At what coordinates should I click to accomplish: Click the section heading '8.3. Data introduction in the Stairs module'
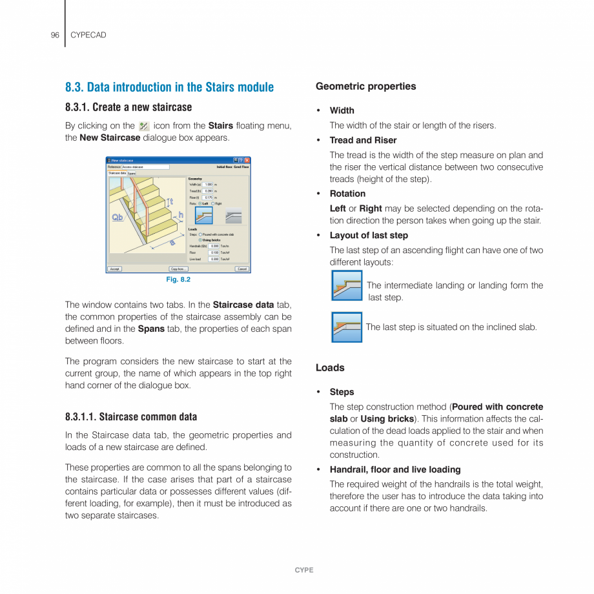pyautogui.click(x=169, y=87)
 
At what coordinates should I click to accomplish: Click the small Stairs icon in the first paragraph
pyautogui.click(x=144, y=127)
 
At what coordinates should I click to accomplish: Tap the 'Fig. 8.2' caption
pyautogui.click(x=178, y=280)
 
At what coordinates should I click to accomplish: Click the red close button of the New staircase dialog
pyautogui.click(x=247, y=160)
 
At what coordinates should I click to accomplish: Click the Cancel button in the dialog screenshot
pyautogui.click(x=241, y=269)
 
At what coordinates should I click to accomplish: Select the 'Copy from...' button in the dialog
pyautogui.click(x=178, y=269)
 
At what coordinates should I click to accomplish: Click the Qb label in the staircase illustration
pyautogui.click(x=118, y=217)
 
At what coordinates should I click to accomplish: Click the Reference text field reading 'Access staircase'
pyautogui.click(x=145, y=167)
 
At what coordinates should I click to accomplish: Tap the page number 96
pyautogui.click(x=55, y=35)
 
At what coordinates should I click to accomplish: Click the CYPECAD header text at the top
pyautogui.click(x=88, y=35)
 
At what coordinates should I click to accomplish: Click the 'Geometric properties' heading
pyautogui.click(x=365, y=87)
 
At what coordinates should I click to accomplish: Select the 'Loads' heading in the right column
pyautogui.click(x=330, y=368)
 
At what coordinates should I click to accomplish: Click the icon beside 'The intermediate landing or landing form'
pyautogui.click(x=347, y=285)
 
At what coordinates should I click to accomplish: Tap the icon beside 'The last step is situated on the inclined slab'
pyautogui.click(x=347, y=327)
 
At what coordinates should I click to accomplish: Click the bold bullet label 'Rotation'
pyautogui.click(x=347, y=194)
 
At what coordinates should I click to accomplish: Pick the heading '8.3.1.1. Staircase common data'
pyautogui.click(x=131, y=417)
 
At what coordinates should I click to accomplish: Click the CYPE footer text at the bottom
pyautogui.click(x=303, y=570)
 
